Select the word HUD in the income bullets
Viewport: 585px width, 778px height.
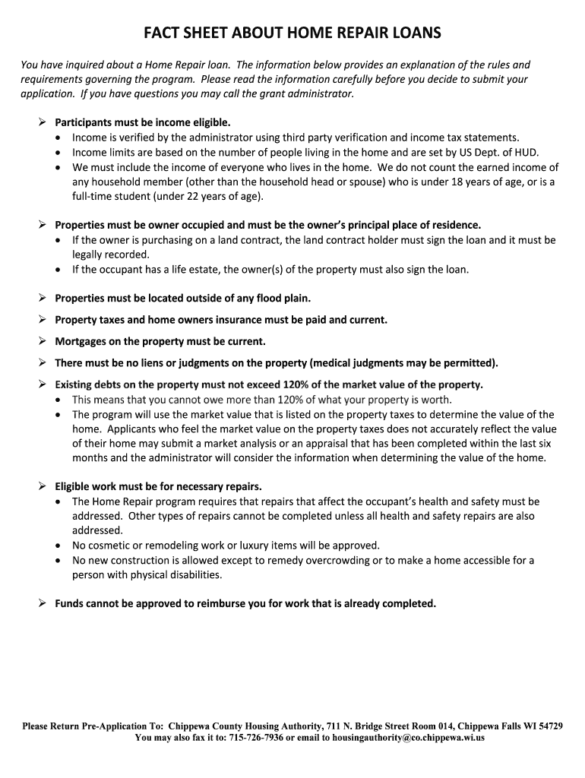point(527,152)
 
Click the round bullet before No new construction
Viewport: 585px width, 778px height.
point(60,561)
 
